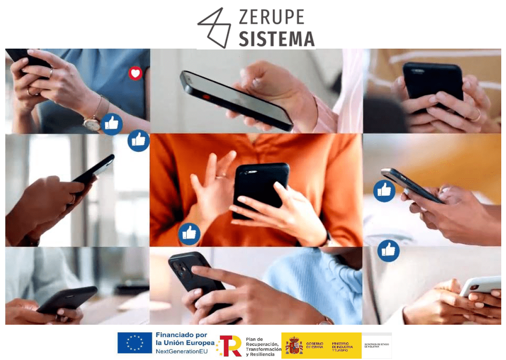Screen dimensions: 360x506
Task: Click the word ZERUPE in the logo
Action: (x=271, y=18)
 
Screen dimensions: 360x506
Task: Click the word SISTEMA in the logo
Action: (x=276, y=39)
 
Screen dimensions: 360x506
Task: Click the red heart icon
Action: (x=136, y=74)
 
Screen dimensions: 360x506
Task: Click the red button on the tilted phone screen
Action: (x=206, y=97)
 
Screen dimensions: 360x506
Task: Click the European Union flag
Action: (x=135, y=343)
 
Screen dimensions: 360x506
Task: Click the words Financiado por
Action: (x=181, y=335)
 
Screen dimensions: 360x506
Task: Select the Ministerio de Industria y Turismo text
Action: (x=342, y=346)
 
